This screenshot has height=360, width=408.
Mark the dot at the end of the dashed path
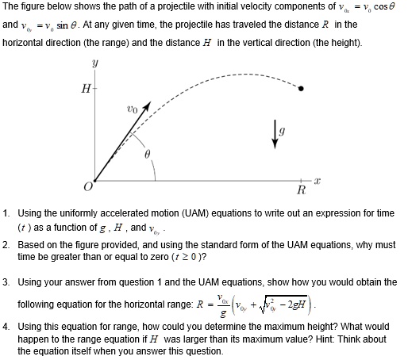pyautogui.click(x=300, y=89)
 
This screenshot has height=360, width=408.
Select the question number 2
pyautogui.click(x=6, y=246)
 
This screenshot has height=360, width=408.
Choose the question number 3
pyautogui.click(x=6, y=281)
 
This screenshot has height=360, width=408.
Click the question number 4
pyautogui.click(x=6, y=326)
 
